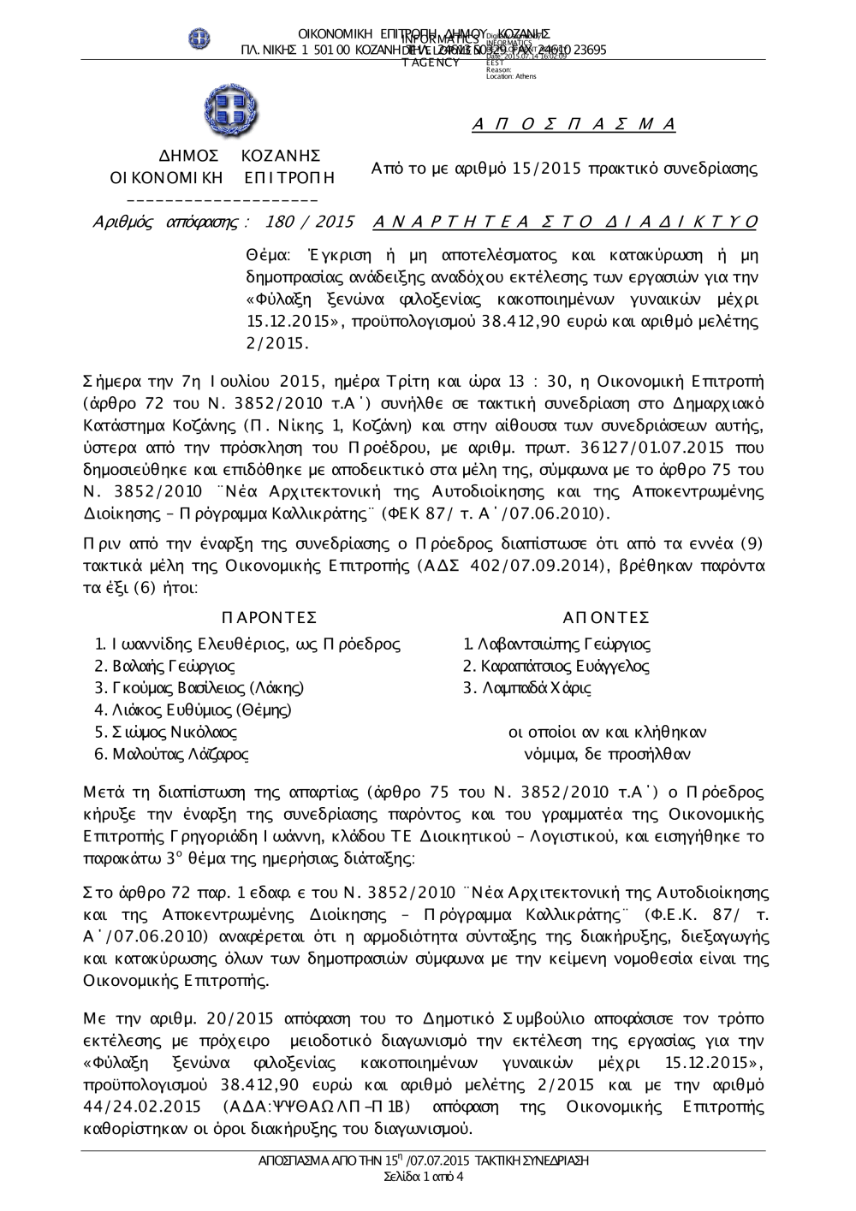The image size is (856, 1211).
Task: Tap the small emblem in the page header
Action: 199,39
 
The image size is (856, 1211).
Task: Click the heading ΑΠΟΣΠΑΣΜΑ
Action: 574,125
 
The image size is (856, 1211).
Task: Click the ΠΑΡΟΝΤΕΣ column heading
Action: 269,618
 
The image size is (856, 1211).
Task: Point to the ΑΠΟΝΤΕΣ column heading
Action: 606,618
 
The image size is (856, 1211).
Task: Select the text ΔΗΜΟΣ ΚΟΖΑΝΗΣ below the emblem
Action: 240,156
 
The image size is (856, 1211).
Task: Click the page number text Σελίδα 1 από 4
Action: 425,1177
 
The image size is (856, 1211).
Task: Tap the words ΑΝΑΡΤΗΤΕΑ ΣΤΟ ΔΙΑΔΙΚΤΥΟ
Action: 566,223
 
